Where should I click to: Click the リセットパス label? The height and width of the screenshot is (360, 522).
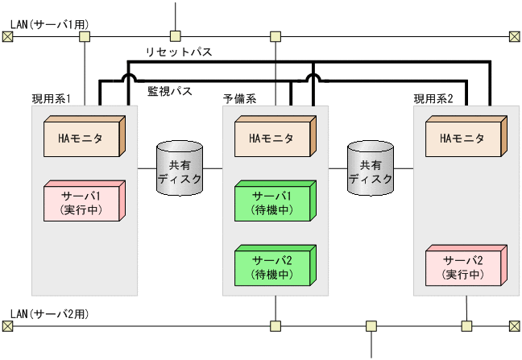click(179, 52)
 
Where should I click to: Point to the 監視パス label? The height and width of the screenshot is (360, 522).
click(169, 92)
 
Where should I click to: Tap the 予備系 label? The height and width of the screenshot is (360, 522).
click(239, 99)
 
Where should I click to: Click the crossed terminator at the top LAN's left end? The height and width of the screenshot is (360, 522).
click(7, 36)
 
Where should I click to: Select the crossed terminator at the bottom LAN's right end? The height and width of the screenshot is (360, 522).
click(515, 326)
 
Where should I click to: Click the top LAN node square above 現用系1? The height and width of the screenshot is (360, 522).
click(85, 36)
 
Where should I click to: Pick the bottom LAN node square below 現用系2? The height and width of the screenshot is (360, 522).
click(466, 326)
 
